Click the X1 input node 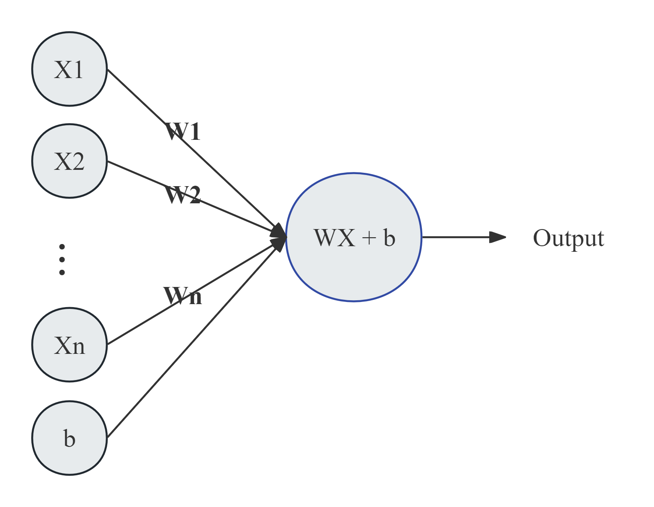click(69, 69)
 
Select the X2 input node click(69, 161)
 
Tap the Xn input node click(69, 345)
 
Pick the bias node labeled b click(69, 438)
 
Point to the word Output click(568, 238)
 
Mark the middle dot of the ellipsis click(62, 260)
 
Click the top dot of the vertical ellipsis click(62, 247)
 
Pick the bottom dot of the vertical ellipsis click(62, 272)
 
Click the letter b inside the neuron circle click(389, 237)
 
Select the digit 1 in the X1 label click(78, 69)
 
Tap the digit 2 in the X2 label click(78, 162)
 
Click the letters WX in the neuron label click(334, 238)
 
